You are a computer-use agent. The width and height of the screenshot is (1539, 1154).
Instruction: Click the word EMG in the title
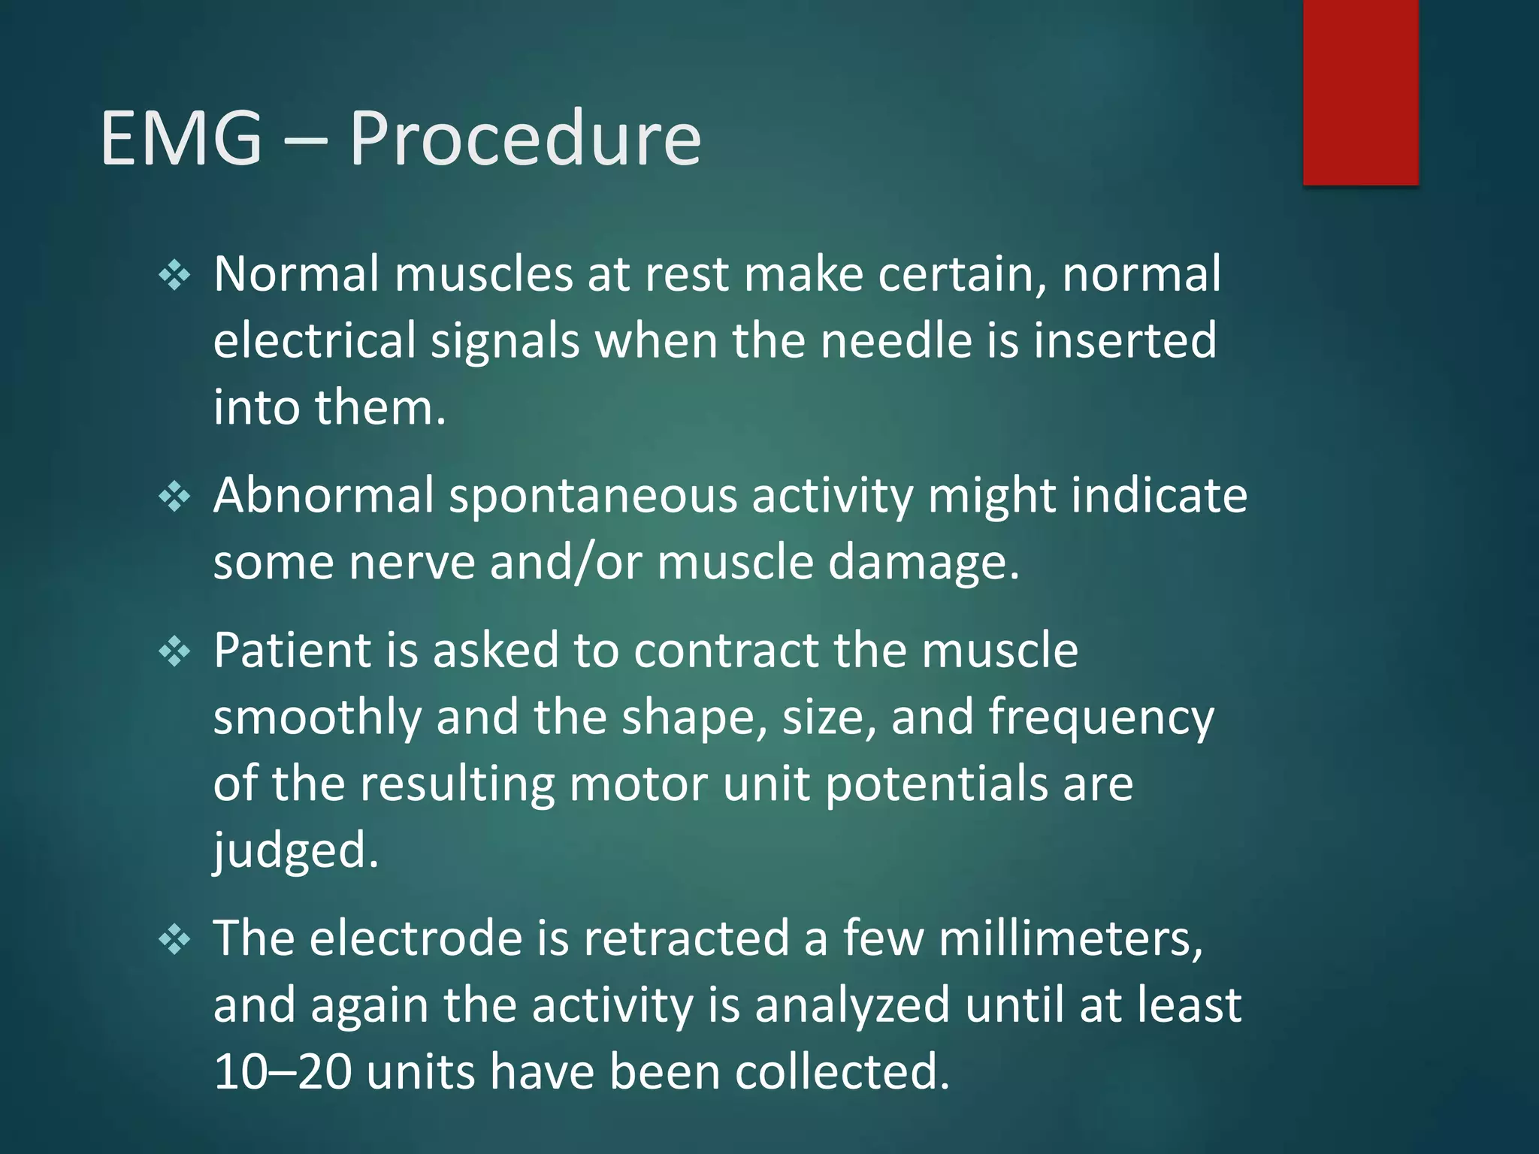point(181,138)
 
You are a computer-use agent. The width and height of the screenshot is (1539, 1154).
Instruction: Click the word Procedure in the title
point(525,138)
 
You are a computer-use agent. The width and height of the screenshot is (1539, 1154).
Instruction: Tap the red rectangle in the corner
point(1360,92)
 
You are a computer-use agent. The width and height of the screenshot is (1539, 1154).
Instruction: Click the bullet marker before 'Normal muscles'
point(174,276)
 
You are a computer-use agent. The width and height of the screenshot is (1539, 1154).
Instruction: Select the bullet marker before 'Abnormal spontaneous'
point(174,497)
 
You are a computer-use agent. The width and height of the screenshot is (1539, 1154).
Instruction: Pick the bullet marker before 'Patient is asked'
point(174,651)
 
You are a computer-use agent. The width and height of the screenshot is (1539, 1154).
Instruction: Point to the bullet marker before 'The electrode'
point(174,940)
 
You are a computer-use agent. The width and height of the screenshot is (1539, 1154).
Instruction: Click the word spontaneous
point(593,497)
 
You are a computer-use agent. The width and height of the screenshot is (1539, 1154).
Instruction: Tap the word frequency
point(1100,718)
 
